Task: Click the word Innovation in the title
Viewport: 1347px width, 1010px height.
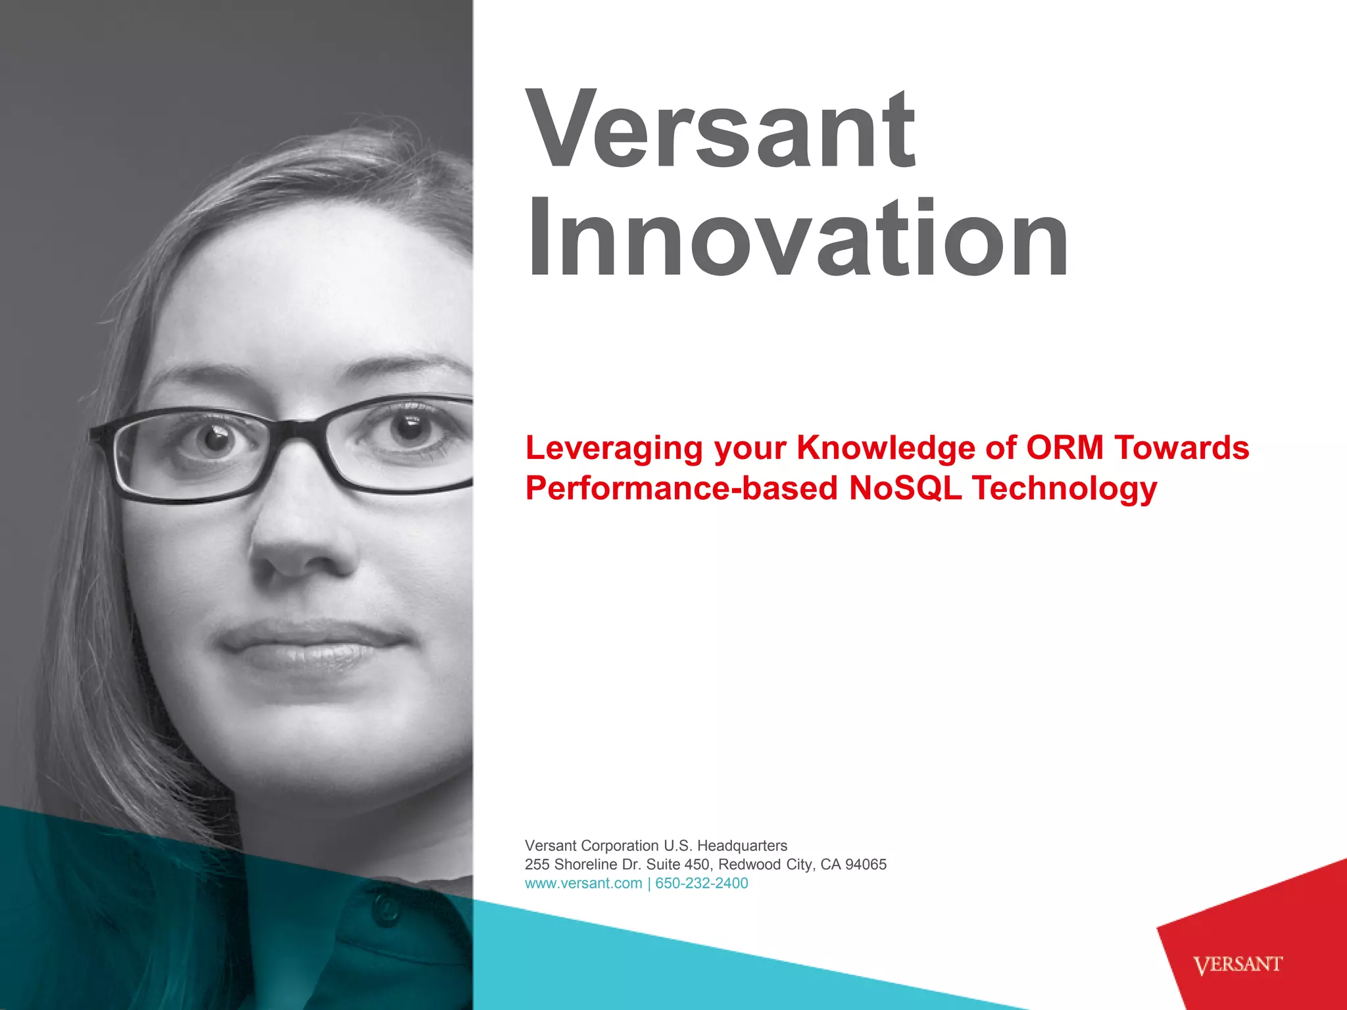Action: (x=798, y=239)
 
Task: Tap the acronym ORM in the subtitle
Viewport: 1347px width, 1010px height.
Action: (x=1065, y=448)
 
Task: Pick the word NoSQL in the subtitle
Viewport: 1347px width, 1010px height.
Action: (x=905, y=489)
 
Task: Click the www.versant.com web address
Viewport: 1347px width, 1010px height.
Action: (x=583, y=883)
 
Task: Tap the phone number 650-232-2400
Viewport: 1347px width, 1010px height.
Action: (x=702, y=883)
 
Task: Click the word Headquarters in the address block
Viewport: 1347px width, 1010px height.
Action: (x=742, y=846)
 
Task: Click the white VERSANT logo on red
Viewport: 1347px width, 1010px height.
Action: (x=1237, y=965)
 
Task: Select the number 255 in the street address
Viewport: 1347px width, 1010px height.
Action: (x=537, y=864)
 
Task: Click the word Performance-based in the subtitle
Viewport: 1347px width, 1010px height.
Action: (x=681, y=489)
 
